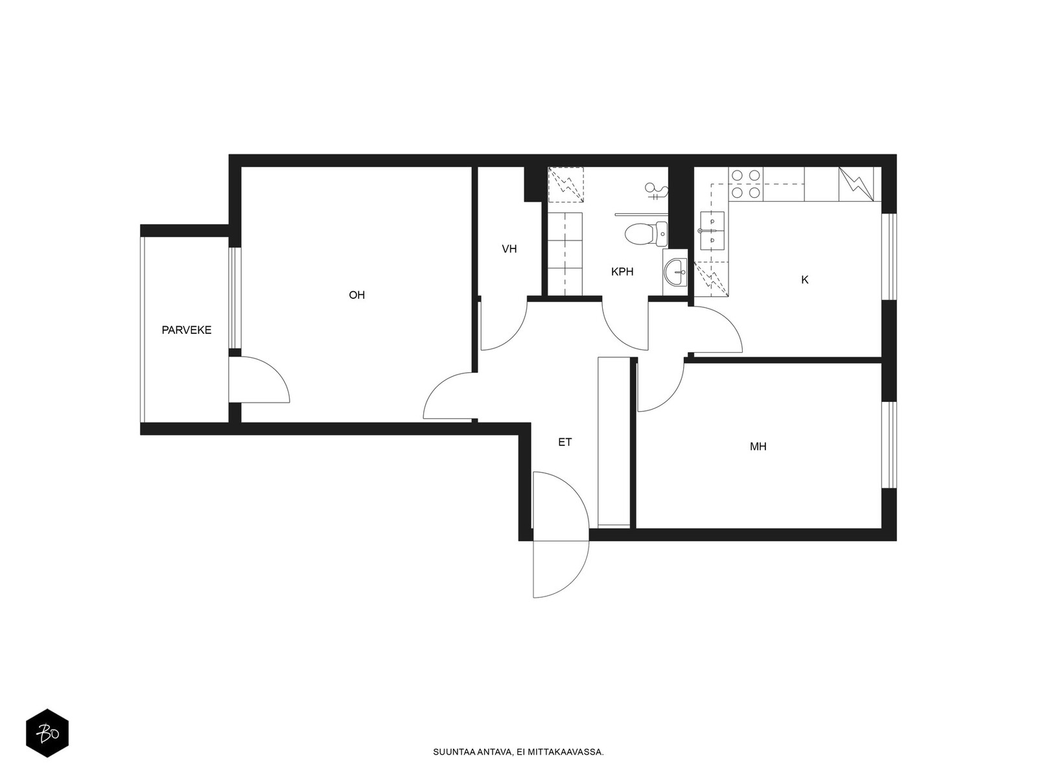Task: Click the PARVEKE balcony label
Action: [x=186, y=330]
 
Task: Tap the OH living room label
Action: [x=356, y=295]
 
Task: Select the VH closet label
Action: [x=509, y=249]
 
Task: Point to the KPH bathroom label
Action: [x=622, y=272]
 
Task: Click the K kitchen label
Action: [x=804, y=279]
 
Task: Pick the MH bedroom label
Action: [x=758, y=447]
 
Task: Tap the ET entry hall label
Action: [x=565, y=442]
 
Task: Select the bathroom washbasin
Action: [x=675, y=272]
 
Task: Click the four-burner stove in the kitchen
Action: [x=746, y=183]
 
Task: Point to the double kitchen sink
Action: [x=712, y=231]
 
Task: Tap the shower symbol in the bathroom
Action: [x=656, y=191]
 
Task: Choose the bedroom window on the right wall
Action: [x=890, y=445]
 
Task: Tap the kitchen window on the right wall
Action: [x=890, y=257]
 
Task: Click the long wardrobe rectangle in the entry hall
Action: [x=614, y=442]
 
